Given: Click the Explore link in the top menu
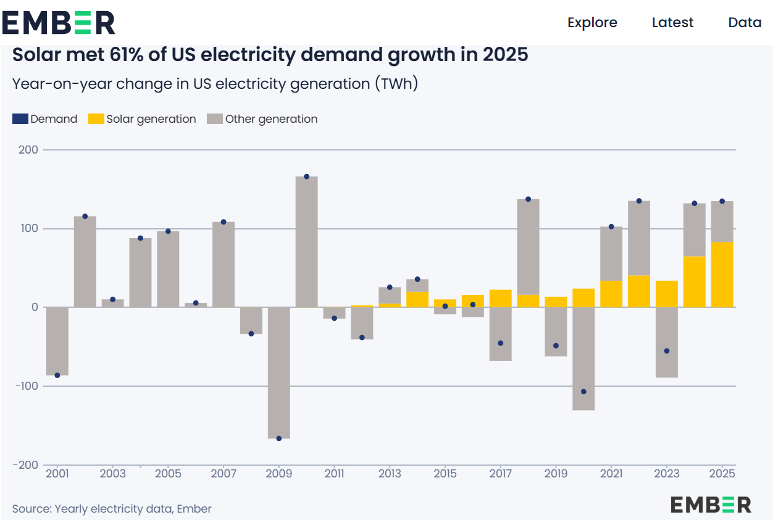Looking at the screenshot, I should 592,23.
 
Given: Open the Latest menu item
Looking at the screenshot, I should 672,23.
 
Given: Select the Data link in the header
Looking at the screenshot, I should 745,23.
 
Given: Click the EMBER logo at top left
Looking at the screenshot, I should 59,23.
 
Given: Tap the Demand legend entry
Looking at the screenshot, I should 45,119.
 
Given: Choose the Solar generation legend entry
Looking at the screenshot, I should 143,119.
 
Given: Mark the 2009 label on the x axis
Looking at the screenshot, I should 279,474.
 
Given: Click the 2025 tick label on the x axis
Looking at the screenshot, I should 722,474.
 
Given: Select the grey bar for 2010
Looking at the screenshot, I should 307,241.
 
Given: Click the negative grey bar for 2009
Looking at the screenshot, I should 279,373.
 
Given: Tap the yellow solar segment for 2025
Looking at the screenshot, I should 722,274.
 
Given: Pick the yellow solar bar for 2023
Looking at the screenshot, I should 667,294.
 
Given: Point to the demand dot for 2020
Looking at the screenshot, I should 583,392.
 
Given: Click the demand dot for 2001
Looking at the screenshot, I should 57,375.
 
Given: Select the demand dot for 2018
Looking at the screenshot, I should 528,199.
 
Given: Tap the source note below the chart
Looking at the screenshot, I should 112,509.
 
